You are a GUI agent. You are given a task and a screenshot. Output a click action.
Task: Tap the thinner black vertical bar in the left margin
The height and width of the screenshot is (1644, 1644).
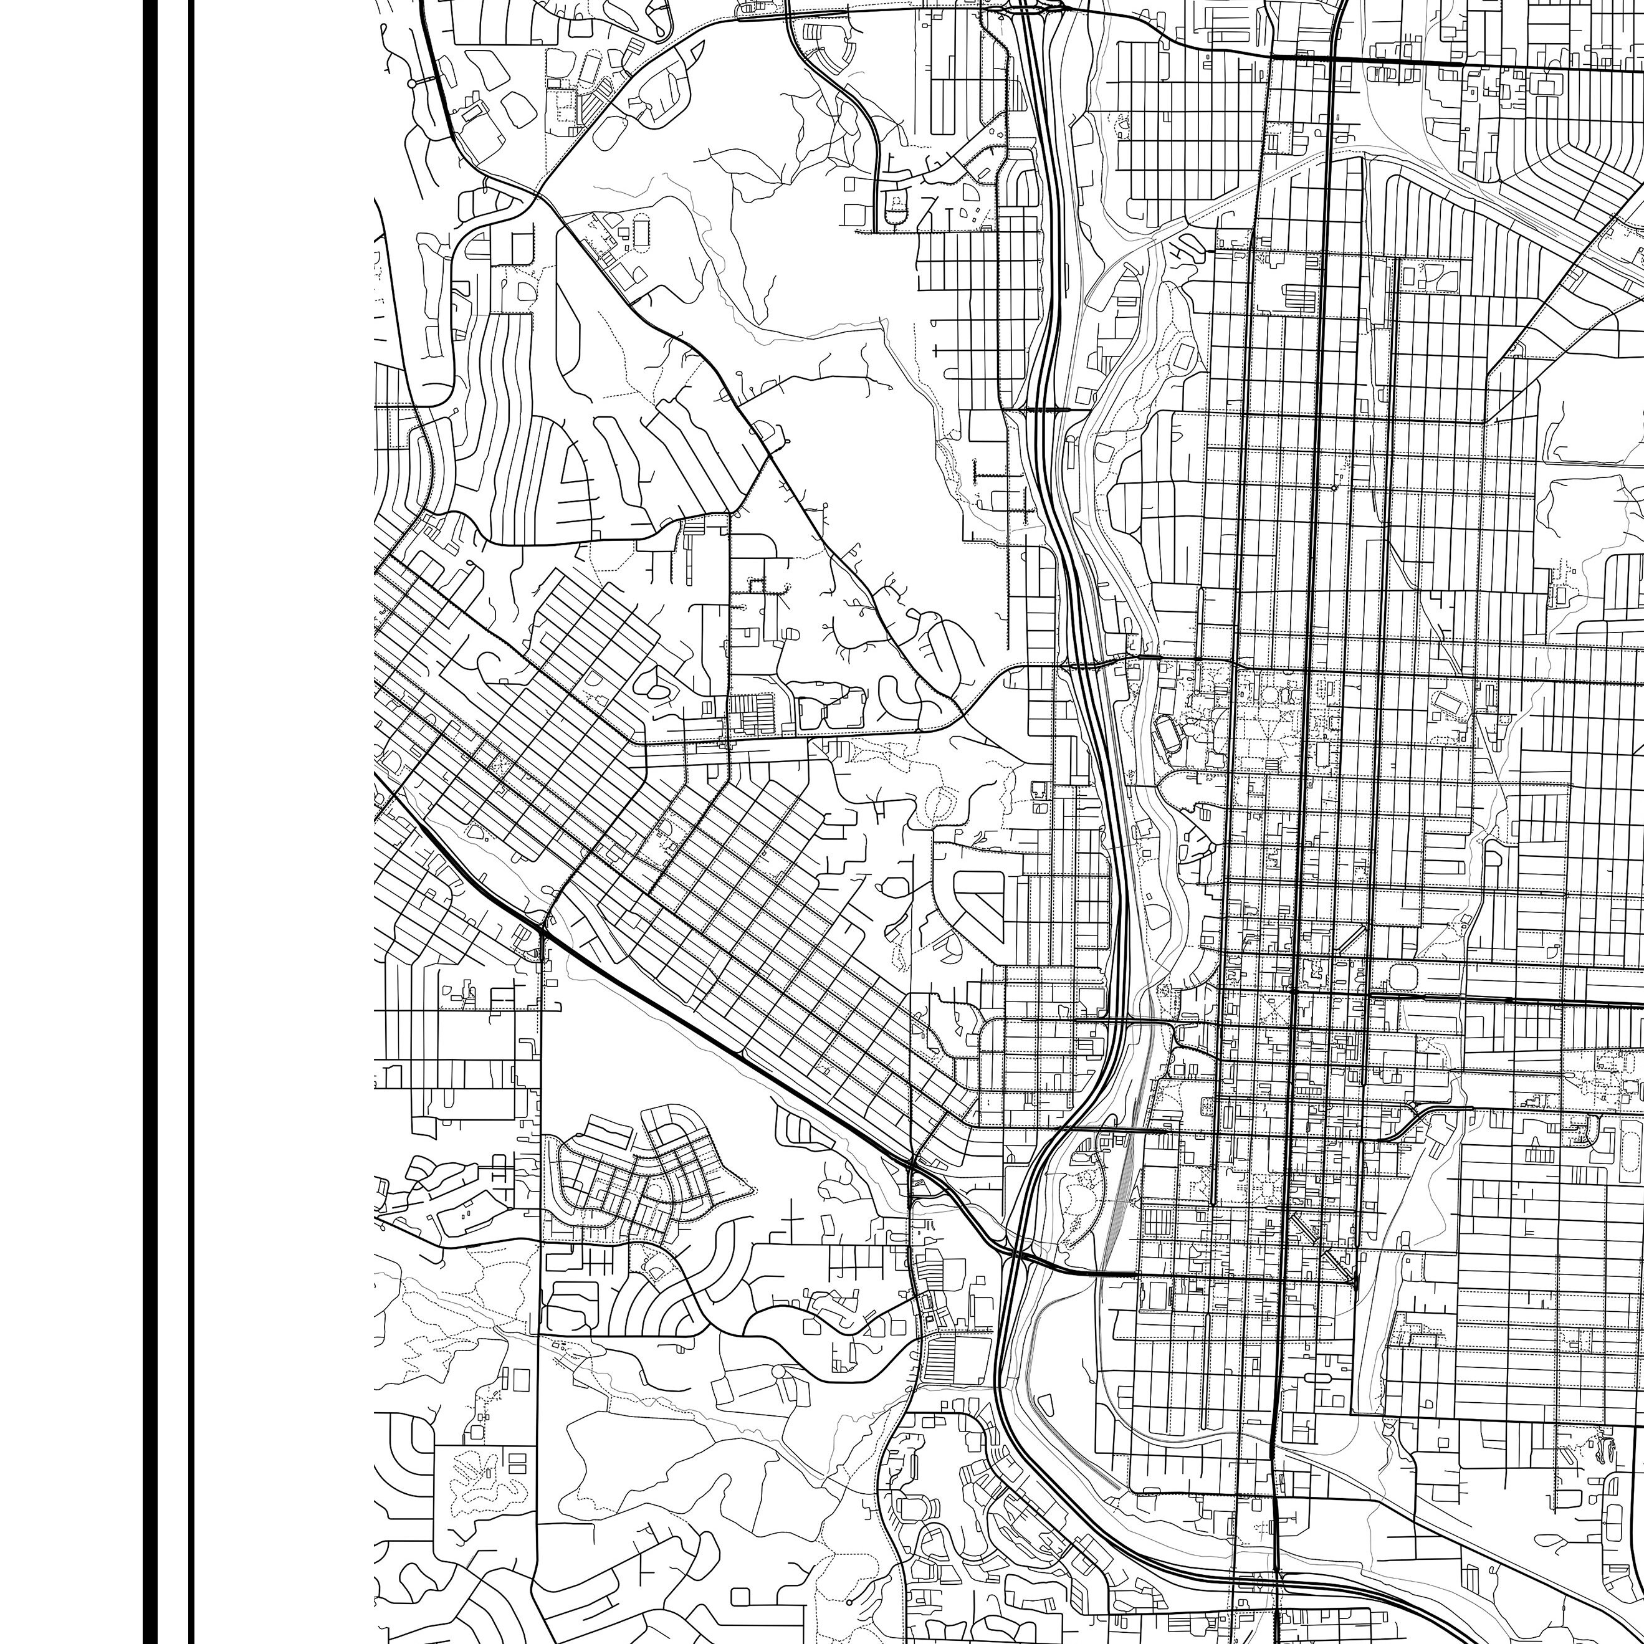(191, 822)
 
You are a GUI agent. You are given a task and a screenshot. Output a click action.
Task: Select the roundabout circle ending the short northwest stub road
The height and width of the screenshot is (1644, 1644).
(412, 84)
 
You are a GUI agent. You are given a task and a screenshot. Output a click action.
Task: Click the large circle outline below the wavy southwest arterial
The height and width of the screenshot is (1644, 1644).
(780, 1374)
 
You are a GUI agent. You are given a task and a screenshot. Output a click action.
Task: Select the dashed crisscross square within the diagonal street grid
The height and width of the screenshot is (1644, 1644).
(500, 763)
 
